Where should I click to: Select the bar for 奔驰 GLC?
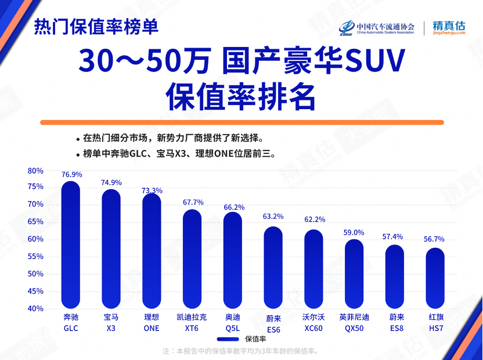point(70,245)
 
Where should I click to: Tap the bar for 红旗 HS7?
point(435,278)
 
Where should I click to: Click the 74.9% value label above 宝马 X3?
point(111,182)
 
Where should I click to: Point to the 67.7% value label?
point(193,203)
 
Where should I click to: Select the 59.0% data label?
point(354,232)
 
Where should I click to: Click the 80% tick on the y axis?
point(35,171)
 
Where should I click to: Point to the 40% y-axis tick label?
point(35,308)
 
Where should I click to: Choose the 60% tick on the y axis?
point(35,239)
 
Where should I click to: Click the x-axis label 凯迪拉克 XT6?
point(192,323)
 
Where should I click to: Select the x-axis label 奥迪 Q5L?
point(232,323)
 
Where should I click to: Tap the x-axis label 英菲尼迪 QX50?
point(354,323)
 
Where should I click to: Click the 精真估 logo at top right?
point(449,28)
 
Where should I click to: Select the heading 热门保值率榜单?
point(96,27)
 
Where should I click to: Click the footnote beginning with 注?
point(241,351)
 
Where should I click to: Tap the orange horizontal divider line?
point(241,123)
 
